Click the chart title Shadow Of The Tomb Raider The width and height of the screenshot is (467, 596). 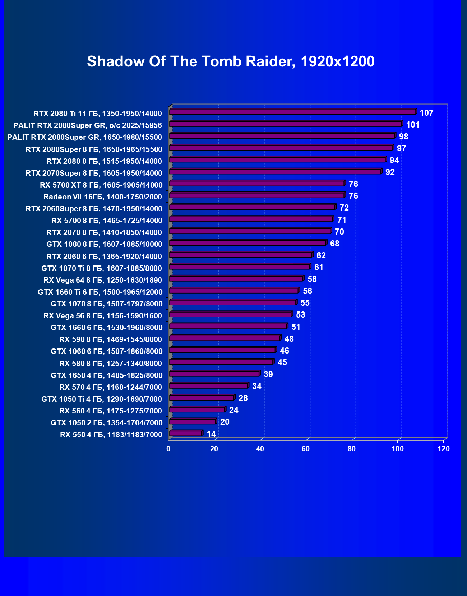click(x=231, y=61)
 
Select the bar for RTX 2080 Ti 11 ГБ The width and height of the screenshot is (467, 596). click(x=292, y=112)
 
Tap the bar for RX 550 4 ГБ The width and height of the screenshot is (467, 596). click(x=185, y=433)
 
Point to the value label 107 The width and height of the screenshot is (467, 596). click(x=426, y=113)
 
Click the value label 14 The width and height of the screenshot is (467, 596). click(x=211, y=434)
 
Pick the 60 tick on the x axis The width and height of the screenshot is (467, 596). click(x=306, y=449)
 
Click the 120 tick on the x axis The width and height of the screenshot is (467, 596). click(x=444, y=449)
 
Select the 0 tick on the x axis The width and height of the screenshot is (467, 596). click(x=168, y=449)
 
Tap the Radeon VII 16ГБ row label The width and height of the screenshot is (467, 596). click(x=103, y=197)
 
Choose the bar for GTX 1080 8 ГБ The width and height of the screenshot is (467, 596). click(x=248, y=243)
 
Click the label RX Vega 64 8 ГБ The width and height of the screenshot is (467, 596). click(x=103, y=280)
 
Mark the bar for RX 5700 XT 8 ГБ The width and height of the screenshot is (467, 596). click(x=256, y=183)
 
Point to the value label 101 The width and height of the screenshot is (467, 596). click(x=413, y=125)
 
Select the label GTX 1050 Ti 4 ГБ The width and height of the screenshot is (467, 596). click(x=102, y=399)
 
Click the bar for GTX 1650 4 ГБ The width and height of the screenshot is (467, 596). click(x=214, y=374)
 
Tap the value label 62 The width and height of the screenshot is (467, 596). click(x=321, y=255)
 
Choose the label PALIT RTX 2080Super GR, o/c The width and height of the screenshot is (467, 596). click(x=88, y=125)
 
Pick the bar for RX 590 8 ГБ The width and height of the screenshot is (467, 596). click(x=225, y=338)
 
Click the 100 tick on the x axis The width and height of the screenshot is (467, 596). click(x=397, y=449)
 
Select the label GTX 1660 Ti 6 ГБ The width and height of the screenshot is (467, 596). click(x=100, y=292)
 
